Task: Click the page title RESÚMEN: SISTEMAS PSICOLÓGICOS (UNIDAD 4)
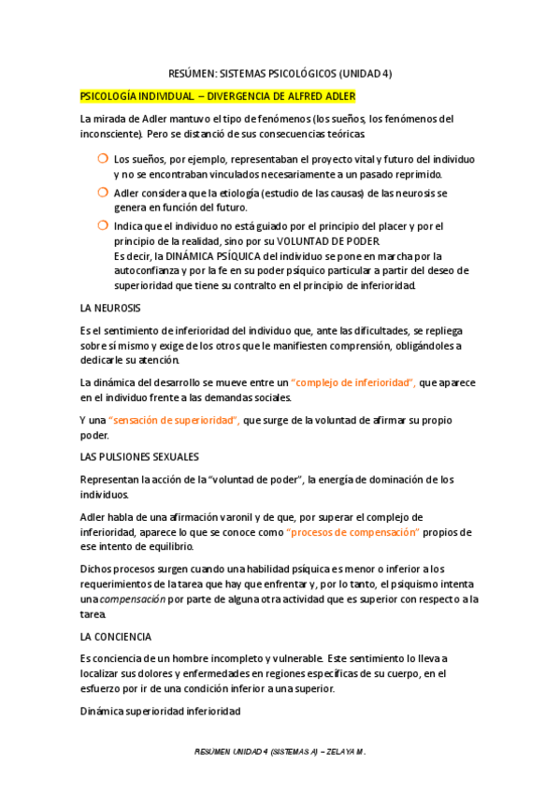click(x=280, y=73)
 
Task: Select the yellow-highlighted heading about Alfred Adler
click(x=218, y=96)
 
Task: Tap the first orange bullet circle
click(x=102, y=159)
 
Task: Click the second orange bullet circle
click(x=102, y=192)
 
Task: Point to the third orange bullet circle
click(x=102, y=225)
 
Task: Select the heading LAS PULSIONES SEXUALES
click(x=139, y=457)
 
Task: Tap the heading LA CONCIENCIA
click(x=116, y=636)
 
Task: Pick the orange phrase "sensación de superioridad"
click(x=174, y=420)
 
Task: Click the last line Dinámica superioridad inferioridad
click(x=160, y=712)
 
